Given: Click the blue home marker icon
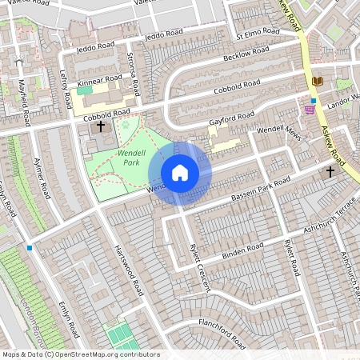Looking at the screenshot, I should click(x=180, y=173).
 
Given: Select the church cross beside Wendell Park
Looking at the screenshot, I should click(x=101, y=126).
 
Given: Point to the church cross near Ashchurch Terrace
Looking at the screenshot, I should click(x=330, y=171).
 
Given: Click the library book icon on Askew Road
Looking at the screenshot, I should click(x=318, y=82).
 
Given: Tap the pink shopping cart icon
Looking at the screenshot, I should click(x=310, y=110).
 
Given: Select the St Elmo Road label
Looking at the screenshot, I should click(x=258, y=34).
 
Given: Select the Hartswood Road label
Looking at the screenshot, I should click(x=129, y=272).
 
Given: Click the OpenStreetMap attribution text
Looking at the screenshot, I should click(x=80, y=354).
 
